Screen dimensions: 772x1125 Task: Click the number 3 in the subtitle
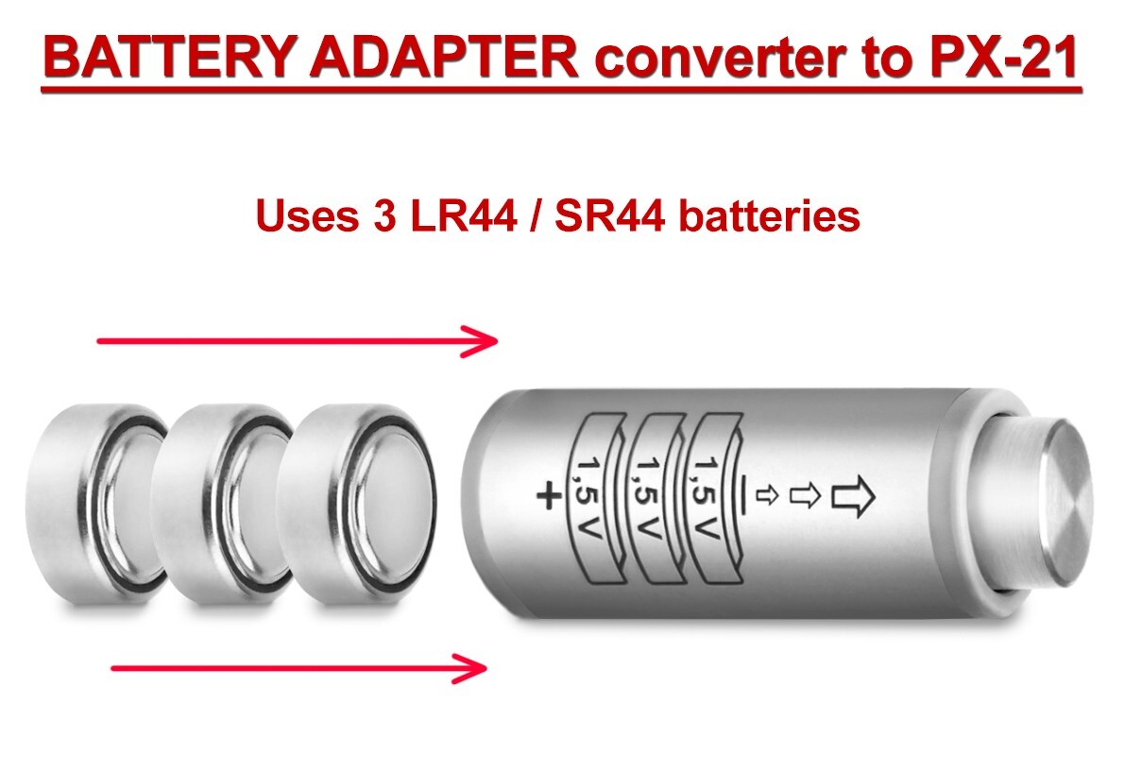pyautogui.click(x=375, y=216)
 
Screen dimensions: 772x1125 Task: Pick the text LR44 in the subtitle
pyautogui.click(x=457, y=216)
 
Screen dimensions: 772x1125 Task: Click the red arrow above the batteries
pyautogui.click(x=298, y=341)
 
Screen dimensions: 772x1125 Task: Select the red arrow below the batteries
pyautogui.click(x=298, y=668)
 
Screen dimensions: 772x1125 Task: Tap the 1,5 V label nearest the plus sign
pyautogui.click(x=593, y=496)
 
